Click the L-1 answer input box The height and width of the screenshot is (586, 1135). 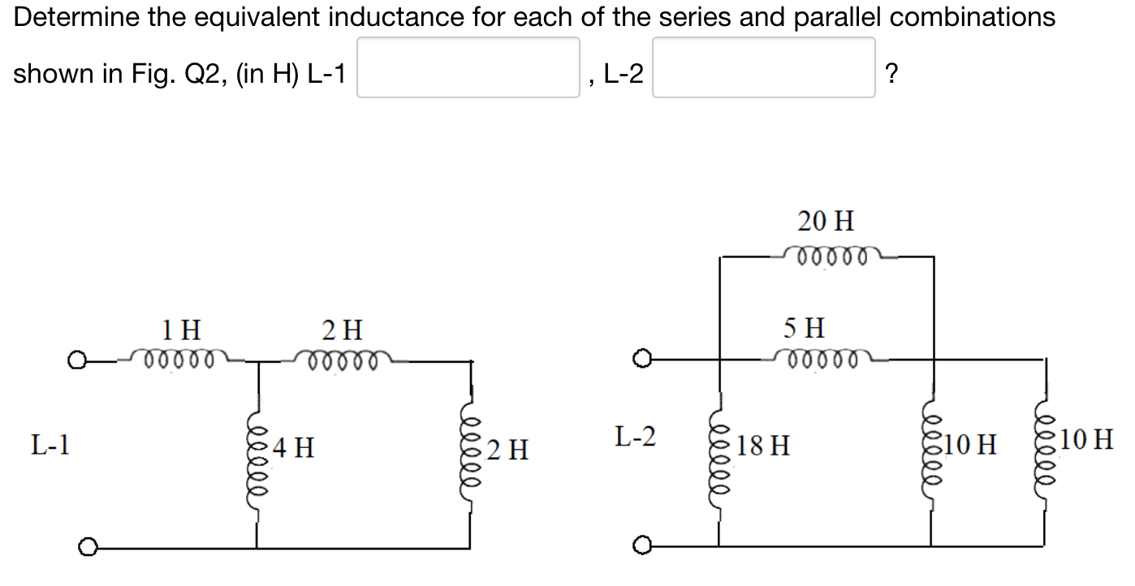[468, 67]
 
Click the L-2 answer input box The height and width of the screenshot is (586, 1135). [763, 67]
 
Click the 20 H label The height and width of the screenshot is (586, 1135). [825, 220]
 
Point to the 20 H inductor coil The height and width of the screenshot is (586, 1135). [825, 257]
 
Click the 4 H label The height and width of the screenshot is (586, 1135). [294, 446]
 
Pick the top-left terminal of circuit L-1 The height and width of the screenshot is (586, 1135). [77, 359]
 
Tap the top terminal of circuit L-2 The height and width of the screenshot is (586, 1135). [646, 359]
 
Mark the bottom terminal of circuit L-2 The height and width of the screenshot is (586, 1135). [646, 547]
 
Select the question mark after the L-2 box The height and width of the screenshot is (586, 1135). [891, 74]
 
